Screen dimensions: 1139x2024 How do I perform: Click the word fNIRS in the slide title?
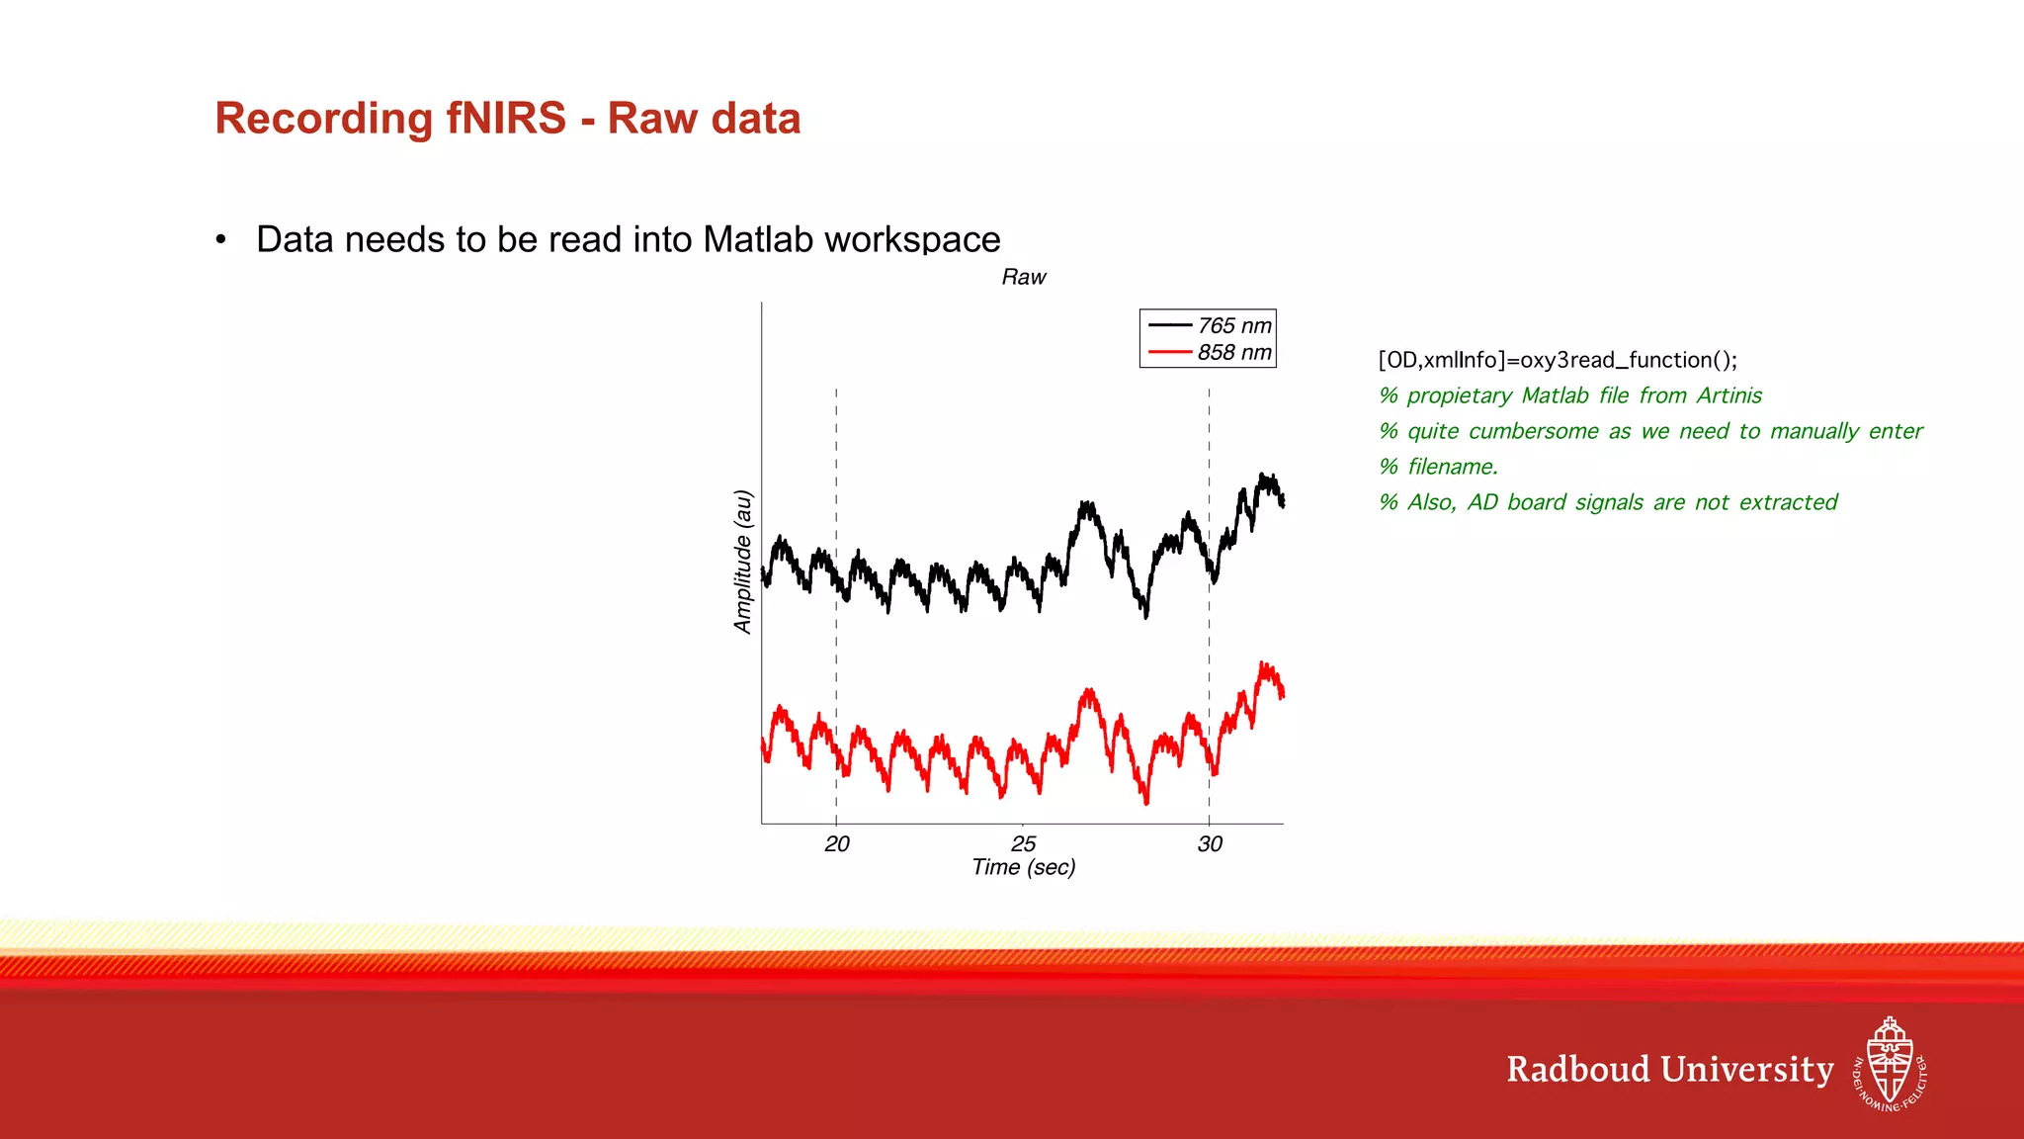[505, 119]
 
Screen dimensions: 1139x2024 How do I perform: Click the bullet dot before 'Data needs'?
[221, 240]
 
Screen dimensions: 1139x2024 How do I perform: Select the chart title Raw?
[1023, 278]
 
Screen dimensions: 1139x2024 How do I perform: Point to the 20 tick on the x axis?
[837, 843]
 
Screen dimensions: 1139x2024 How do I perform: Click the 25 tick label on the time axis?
[1023, 843]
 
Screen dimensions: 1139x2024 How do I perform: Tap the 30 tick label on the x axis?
[1210, 843]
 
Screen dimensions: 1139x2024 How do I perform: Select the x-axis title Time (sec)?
[1023, 868]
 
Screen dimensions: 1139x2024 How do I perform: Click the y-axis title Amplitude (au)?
[743, 562]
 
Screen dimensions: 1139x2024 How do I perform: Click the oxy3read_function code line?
[1557, 360]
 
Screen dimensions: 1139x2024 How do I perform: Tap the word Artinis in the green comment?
[1729, 395]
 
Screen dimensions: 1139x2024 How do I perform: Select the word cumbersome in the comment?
[1533, 431]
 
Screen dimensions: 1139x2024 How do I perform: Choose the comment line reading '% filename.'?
[1439, 467]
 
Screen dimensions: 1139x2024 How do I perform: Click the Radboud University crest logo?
[1889, 1065]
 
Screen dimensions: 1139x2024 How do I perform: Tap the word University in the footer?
[1746, 1070]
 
